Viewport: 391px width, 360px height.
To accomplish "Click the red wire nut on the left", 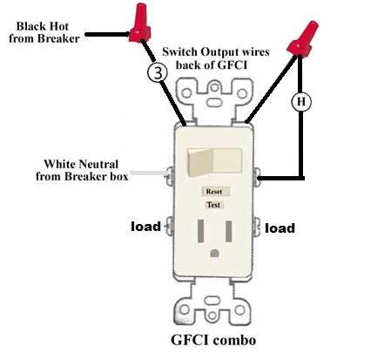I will tap(136, 25).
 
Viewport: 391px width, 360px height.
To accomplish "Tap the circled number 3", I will tap(157, 73).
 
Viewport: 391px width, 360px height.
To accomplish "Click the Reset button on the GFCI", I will tap(213, 190).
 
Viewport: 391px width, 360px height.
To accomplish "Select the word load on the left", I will tap(145, 226).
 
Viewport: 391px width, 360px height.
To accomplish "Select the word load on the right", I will tap(280, 228).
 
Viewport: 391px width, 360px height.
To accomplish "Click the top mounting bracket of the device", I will tap(213, 96).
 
